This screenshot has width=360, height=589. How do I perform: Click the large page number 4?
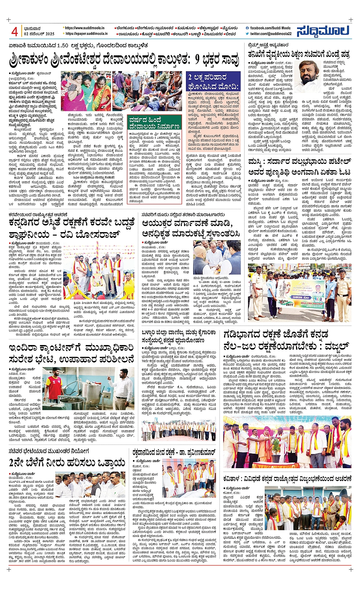click(x=15, y=32)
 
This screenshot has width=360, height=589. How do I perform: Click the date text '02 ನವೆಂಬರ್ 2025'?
click(x=39, y=34)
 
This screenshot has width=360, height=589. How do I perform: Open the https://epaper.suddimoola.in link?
click(x=86, y=34)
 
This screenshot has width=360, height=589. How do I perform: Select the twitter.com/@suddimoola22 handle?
click(x=271, y=34)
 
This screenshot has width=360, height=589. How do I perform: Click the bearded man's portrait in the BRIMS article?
click(x=310, y=76)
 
